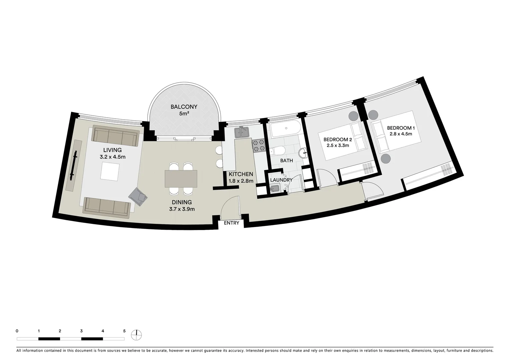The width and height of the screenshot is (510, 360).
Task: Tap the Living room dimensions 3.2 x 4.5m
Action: [112, 157]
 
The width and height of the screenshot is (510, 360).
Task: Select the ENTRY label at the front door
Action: [231, 223]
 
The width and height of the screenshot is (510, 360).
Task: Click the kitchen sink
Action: [242, 133]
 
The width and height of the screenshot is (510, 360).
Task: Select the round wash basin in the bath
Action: [304, 153]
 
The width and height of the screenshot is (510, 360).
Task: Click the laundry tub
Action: [274, 190]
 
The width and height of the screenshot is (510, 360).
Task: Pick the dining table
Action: [181, 178]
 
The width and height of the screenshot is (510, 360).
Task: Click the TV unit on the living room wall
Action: [75, 165]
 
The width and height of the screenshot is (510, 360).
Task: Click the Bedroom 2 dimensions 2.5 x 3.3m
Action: [338, 145]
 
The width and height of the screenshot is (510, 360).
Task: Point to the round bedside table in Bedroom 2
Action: [353, 116]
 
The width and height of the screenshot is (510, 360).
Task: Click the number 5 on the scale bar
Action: [124, 331]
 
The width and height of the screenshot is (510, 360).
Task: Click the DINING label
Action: [182, 202]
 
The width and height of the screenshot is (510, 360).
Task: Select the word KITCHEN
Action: [241, 174]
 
